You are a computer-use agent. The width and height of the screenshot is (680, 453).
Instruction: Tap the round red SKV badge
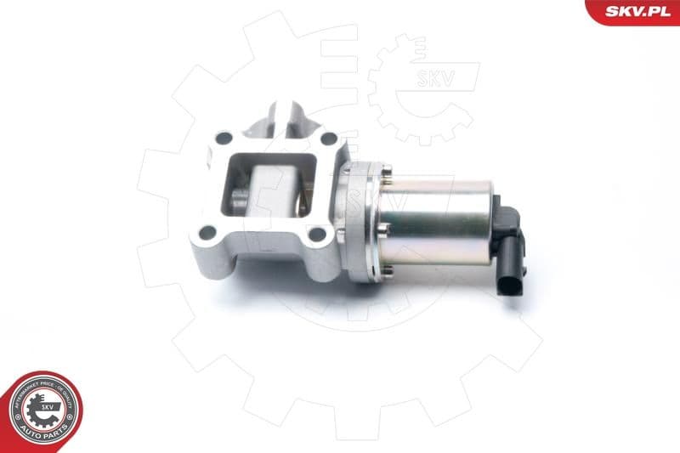[41, 411]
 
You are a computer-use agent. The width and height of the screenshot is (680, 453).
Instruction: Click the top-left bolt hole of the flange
[224, 138]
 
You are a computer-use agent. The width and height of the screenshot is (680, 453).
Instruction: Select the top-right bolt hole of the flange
[328, 139]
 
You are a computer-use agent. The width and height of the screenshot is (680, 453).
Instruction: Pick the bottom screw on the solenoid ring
[388, 269]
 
